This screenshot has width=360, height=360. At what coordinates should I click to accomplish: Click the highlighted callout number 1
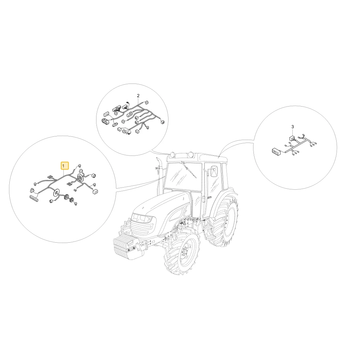[x=64, y=166]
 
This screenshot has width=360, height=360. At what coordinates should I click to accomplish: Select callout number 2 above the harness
[x=138, y=95]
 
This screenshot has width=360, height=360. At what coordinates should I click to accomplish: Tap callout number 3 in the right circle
[x=292, y=127]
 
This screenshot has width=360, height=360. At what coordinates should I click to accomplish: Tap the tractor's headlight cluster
[x=142, y=217]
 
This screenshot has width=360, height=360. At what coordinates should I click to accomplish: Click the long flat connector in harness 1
[x=34, y=198]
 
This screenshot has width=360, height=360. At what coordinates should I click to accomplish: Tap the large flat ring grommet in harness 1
[x=56, y=193]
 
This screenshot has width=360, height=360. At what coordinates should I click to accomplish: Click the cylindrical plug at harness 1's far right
[x=94, y=176]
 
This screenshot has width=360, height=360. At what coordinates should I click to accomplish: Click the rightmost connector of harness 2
[x=163, y=122]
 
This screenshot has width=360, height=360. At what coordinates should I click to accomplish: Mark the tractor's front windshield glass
[x=181, y=176]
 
